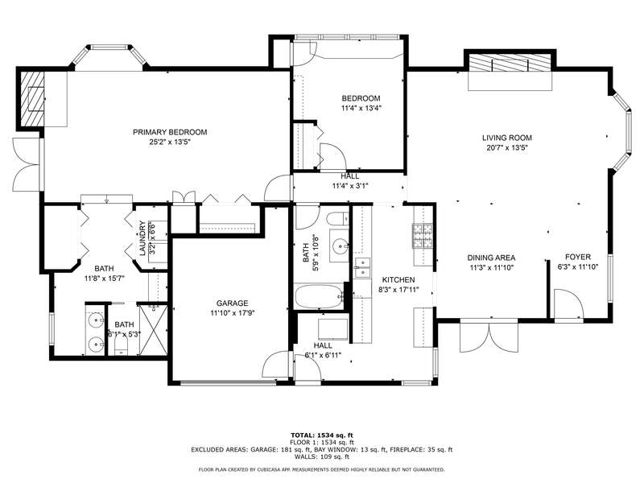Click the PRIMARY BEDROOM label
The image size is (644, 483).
coord(170,132)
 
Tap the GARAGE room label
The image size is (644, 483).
coord(232,303)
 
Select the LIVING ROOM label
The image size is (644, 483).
coord(507,138)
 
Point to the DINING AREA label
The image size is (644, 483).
coord(491,258)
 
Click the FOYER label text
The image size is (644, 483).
coord(578,257)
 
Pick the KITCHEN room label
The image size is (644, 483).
coord(398,279)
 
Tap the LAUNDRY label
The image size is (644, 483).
coord(142,238)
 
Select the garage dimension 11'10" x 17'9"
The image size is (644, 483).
coord(233,313)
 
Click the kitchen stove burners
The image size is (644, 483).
coord(423,236)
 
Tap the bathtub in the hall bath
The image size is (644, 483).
coord(319,297)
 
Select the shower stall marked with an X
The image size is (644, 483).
coord(154,329)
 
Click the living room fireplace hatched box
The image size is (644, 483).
coord(510,63)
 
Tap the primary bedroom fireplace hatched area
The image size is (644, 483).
coord(32,99)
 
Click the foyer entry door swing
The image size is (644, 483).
coord(569,304)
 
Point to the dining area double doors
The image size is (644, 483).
coord(489,336)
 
